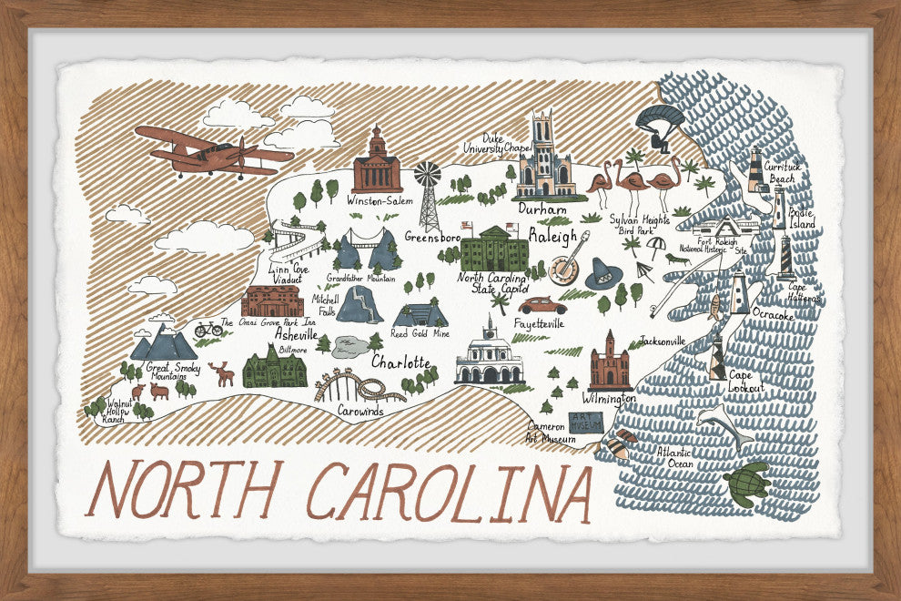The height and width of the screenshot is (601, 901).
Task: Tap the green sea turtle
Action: point(747,483)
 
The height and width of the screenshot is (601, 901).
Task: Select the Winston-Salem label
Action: point(380,201)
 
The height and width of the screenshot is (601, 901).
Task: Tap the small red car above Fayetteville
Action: point(542,305)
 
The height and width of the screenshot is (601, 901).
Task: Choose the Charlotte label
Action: point(400,362)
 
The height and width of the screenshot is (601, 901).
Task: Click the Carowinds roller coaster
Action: point(359,387)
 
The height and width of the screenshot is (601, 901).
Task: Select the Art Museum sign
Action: point(585,422)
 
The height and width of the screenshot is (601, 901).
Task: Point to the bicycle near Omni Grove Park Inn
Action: point(208,329)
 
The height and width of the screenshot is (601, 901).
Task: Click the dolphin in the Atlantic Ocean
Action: point(724,424)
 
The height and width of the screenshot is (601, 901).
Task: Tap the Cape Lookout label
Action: point(746,382)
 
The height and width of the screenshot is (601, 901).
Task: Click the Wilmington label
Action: point(610,399)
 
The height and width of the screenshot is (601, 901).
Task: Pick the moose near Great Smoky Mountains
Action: point(220,373)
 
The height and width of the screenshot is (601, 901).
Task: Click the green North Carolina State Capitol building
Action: point(494,249)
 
